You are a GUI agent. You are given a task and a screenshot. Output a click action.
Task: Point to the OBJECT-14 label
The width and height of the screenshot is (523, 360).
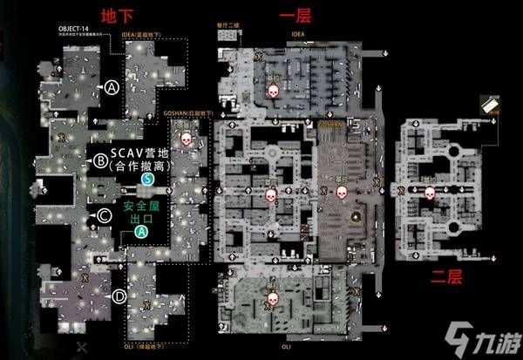coord(77,29)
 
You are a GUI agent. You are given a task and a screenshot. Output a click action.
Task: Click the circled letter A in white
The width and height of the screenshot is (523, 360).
coord(112,85)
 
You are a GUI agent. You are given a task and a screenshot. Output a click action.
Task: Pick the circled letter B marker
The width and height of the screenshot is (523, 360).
coord(101,160)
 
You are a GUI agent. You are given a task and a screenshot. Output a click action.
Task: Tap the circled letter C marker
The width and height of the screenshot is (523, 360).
coord(104,215)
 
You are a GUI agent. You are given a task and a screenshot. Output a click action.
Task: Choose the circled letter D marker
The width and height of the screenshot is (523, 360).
coord(119,297)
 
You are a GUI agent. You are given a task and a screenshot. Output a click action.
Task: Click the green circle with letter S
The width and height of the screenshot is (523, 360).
coord(148,178)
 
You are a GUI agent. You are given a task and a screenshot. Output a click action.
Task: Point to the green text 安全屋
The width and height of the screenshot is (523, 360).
coord(141,207)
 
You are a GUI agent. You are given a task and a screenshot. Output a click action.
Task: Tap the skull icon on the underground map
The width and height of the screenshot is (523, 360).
coord(184,139)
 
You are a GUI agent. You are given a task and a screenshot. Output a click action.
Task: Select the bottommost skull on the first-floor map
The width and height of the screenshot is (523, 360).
coord(272,302)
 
